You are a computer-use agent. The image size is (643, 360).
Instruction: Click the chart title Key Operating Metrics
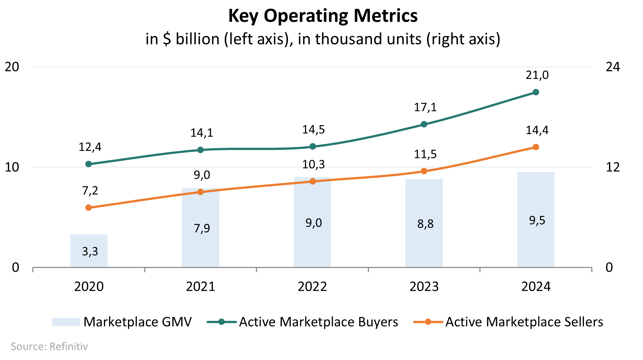point(323,16)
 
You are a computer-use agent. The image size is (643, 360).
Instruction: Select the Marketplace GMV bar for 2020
point(89,251)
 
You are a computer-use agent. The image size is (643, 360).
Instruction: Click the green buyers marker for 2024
point(536,92)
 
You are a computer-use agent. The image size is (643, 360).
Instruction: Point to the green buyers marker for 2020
point(89,164)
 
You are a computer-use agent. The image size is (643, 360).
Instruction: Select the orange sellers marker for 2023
point(424,171)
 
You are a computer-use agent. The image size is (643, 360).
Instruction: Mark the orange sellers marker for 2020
point(89,208)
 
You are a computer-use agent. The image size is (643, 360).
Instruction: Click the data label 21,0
point(537,75)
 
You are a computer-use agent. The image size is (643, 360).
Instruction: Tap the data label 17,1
point(425,107)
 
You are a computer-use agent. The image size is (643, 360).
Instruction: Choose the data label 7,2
point(90,191)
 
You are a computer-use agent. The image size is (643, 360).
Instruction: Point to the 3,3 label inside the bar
point(90,251)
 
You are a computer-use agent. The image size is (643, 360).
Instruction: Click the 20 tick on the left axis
point(12,67)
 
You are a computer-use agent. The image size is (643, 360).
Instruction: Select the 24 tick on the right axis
point(613,67)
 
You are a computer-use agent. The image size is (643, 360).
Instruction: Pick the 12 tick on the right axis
point(613,167)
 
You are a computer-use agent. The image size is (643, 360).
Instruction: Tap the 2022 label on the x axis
point(312,287)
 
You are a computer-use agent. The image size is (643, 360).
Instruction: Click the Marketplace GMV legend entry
point(122,322)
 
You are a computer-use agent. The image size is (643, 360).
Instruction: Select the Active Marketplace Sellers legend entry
point(508,322)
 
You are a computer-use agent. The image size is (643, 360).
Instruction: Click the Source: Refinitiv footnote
point(49,347)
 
